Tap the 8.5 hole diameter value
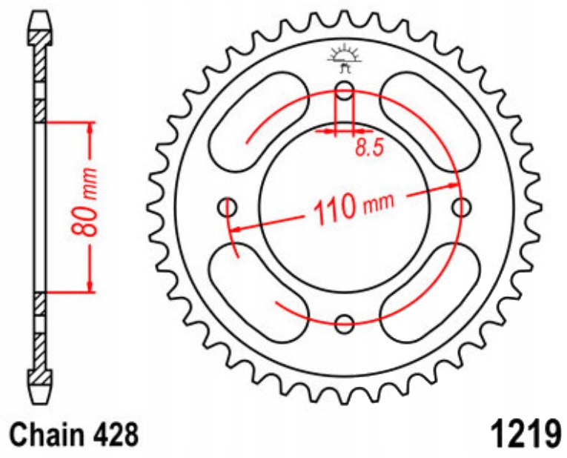(x=368, y=148)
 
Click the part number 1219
(x=523, y=433)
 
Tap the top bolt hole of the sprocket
(x=345, y=91)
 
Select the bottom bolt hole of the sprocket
(x=345, y=323)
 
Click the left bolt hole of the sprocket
(x=228, y=207)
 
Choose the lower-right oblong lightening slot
(x=430, y=292)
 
